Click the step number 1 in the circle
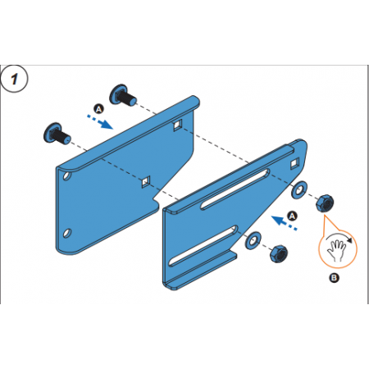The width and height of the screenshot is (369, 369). click(14, 79)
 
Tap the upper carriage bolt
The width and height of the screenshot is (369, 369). click(123, 95)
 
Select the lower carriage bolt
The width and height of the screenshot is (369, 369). click(57, 134)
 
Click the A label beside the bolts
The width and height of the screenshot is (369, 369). click(98, 109)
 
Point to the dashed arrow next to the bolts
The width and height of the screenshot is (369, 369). click(100, 121)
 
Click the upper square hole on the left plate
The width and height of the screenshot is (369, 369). click(177, 125)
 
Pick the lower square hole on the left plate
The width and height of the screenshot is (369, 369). click(145, 182)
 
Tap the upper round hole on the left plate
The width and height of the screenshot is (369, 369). click(66, 175)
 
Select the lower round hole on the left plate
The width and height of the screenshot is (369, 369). click(66, 233)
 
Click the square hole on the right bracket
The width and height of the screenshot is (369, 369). click(294, 163)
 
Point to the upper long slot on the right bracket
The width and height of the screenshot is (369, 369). click(235, 189)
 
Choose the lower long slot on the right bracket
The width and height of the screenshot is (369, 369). click(203, 246)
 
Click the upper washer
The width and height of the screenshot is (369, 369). click(299, 189)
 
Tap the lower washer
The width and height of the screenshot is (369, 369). click(253, 240)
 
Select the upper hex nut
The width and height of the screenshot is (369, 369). click(325, 203)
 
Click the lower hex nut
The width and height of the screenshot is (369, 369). click(279, 254)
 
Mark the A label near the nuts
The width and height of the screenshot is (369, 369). click(292, 216)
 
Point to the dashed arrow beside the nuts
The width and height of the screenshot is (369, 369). click(284, 223)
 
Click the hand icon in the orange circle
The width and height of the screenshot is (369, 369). click(337, 250)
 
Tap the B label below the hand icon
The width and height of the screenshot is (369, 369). click(334, 278)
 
